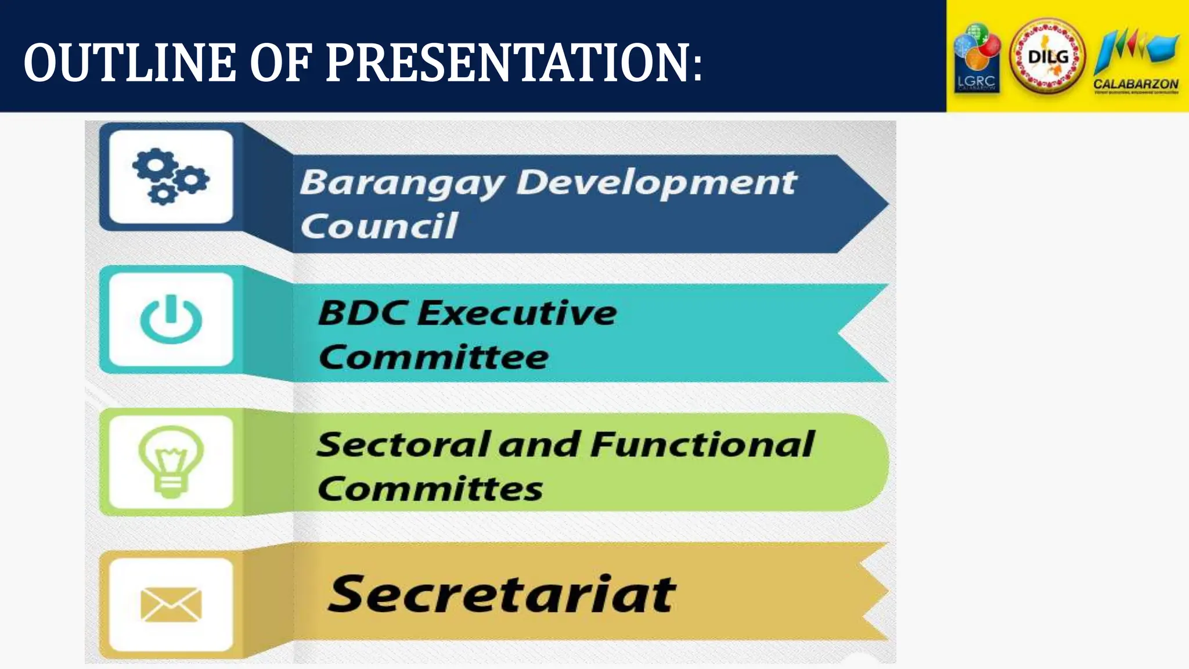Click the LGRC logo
point(977,58)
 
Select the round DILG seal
point(1047,57)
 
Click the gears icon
point(170,177)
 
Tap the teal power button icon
point(171,319)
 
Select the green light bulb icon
point(171,461)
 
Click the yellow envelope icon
point(171,604)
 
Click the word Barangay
point(402,184)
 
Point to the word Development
point(656,184)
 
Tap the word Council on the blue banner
point(379,226)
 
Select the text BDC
point(362,313)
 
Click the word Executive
point(517,313)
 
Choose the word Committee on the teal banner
point(433,357)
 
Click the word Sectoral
point(403,445)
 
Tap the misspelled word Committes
point(430,488)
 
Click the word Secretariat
point(502,594)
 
